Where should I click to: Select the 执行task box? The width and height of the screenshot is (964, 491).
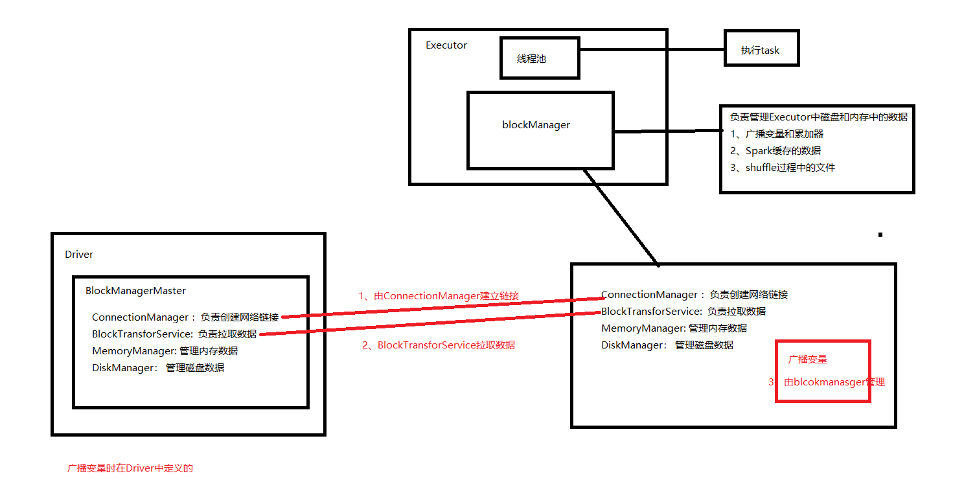pos(761,50)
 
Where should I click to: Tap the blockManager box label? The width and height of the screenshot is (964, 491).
pos(536,124)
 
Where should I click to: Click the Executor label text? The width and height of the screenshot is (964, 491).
pos(446,45)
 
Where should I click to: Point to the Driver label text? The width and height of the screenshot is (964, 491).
pos(79,254)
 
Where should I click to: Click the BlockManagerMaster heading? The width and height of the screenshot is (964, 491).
pos(135,291)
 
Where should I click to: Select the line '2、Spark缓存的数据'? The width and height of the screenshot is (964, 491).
pos(775,150)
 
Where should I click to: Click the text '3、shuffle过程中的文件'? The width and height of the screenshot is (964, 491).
pos(783,167)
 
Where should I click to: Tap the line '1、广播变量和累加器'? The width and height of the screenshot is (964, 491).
pos(777,133)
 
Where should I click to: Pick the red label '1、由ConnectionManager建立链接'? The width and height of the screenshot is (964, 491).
pos(439,295)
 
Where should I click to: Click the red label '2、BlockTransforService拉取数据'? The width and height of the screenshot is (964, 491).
pos(439,345)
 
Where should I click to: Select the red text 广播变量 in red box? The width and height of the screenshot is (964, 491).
pos(807,359)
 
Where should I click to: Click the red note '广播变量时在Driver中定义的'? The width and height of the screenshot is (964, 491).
pos(130,468)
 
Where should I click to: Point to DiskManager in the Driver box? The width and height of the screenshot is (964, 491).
pos(124,367)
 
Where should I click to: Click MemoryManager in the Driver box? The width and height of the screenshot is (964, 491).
pos(133,350)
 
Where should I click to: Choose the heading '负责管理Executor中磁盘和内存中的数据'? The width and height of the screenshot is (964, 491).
pos(819,117)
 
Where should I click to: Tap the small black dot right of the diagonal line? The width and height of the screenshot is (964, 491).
pos(880,234)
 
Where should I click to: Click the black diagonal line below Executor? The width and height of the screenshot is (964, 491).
pos(621,218)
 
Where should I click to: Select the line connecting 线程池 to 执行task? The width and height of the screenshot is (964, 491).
pos(651,49)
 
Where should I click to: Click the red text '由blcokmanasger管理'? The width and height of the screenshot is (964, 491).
pos(834,382)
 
